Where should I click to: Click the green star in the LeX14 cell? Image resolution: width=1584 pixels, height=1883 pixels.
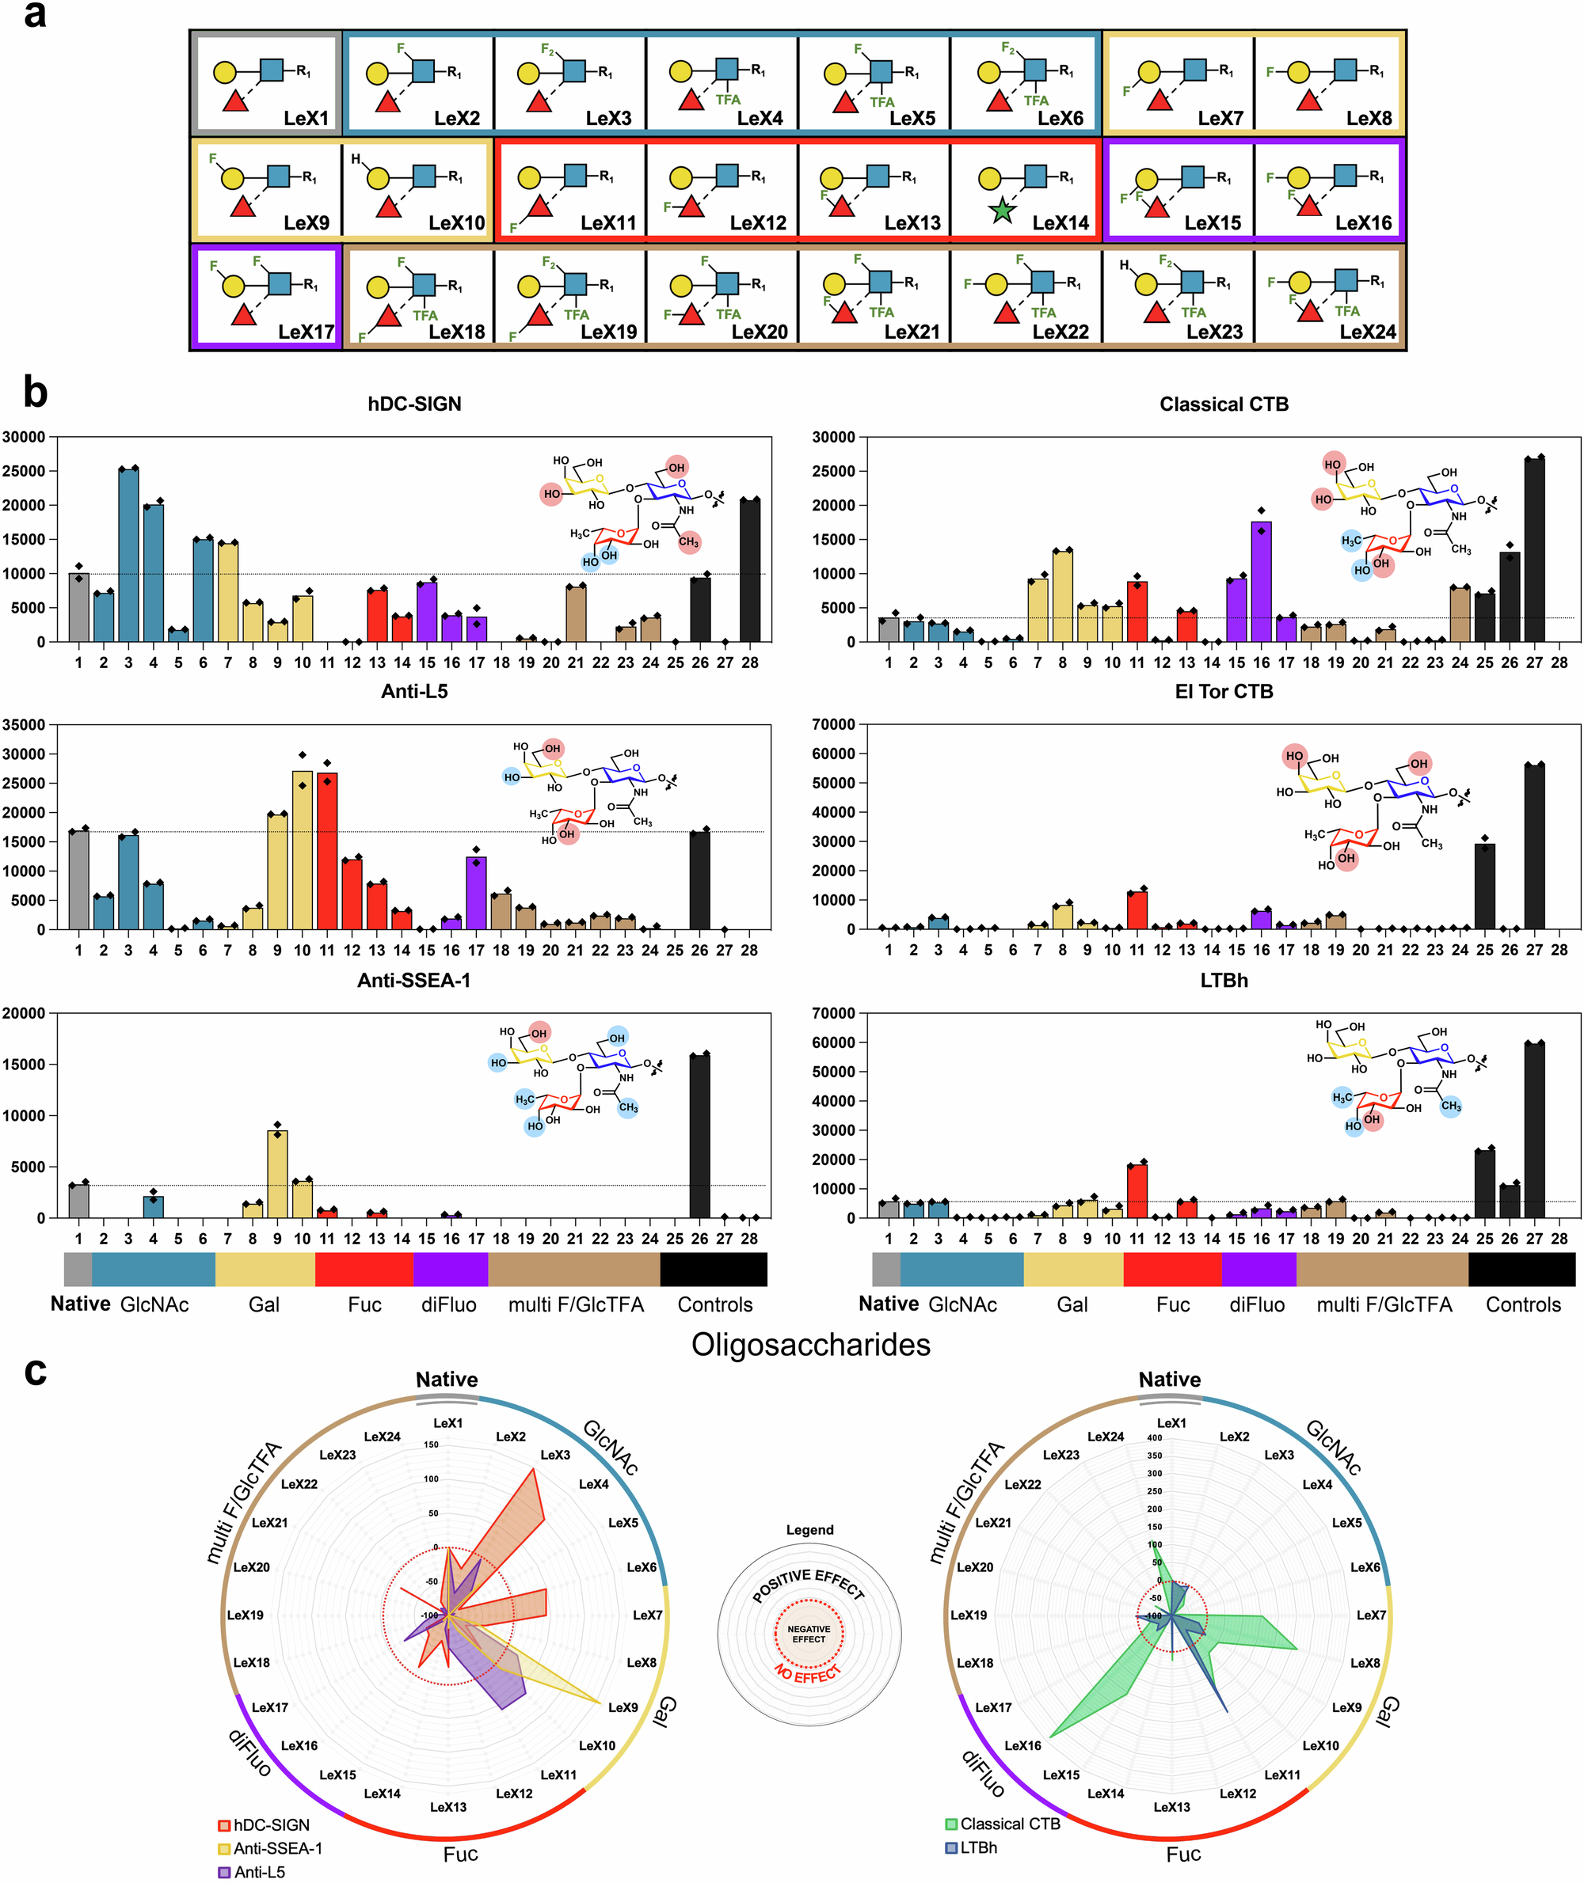pyautogui.click(x=1001, y=212)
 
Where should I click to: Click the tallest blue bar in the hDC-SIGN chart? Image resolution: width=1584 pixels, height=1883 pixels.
pyautogui.click(x=128, y=554)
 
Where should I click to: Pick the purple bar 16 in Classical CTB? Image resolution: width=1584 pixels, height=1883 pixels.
pyautogui.click(x=1261, y=581)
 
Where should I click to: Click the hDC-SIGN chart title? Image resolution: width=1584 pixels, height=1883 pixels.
pyautogui.click(x=414, y=404)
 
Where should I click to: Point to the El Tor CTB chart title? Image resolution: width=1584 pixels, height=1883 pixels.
pyautogui.click(x=1223, y=691)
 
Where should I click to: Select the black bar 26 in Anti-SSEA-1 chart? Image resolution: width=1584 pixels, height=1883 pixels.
pyautogui.click(x=699, y=1135)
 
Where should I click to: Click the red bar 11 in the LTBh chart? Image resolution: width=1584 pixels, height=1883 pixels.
pyautogui.click(x=1137, y=1190)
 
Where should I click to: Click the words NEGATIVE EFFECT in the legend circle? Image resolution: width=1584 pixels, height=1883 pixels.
pyautogui.click(x=808, y=1634)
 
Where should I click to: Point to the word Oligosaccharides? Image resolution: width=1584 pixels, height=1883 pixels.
pyautogui.click(x=810, y=1345)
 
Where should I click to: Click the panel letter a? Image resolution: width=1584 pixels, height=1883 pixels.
pyautogui.click(x=34, y=15)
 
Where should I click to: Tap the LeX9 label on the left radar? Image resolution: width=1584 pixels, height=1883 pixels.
pyautogui.click(x=623, y=1707)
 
